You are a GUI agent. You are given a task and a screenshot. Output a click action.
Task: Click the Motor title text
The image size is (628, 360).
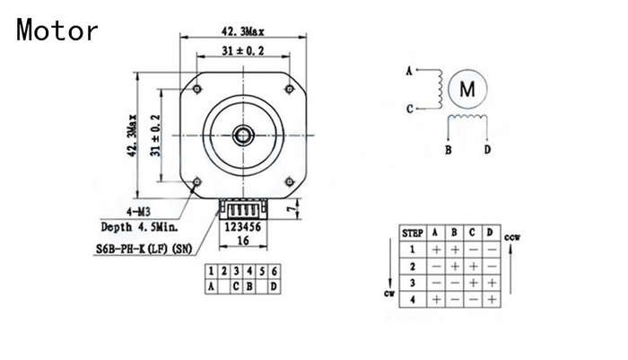[57, 30]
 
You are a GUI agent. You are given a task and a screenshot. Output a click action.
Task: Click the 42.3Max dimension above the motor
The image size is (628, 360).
[243, 31]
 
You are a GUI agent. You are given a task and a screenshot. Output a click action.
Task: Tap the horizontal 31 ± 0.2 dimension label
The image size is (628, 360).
[243, 51]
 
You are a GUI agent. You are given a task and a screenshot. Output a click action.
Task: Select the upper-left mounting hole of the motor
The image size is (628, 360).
[196, 89]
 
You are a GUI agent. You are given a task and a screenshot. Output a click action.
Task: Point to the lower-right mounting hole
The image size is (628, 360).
[290, 182]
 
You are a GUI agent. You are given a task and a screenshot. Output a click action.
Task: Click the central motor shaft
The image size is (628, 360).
[243, 135]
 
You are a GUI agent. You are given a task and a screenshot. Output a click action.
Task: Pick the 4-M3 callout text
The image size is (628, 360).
[138, 212]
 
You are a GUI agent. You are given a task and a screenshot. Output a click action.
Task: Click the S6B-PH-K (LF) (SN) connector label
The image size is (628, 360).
[144, 249]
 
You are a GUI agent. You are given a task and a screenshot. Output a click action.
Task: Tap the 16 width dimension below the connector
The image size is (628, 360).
[243, 241]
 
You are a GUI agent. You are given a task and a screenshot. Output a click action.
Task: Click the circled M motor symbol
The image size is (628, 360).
[467, 89]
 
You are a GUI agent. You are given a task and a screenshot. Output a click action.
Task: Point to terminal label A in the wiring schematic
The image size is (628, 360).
[409, 71]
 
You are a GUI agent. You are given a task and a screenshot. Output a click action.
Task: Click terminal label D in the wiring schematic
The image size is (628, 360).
[487, 150]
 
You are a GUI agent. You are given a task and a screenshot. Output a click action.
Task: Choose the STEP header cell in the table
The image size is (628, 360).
[413, 233]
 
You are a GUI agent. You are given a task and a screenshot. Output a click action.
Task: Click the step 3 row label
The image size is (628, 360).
[413, 283]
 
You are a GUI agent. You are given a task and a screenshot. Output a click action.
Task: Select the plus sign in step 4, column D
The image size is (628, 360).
[492, 300]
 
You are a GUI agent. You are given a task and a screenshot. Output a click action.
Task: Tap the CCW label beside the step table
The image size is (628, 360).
[512, 237]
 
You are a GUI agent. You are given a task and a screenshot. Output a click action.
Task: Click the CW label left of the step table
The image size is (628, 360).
[389, 294]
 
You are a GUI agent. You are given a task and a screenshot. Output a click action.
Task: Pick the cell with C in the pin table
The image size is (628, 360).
[236, 286]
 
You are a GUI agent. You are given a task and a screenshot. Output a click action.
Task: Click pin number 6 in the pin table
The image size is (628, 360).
[275, 271]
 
